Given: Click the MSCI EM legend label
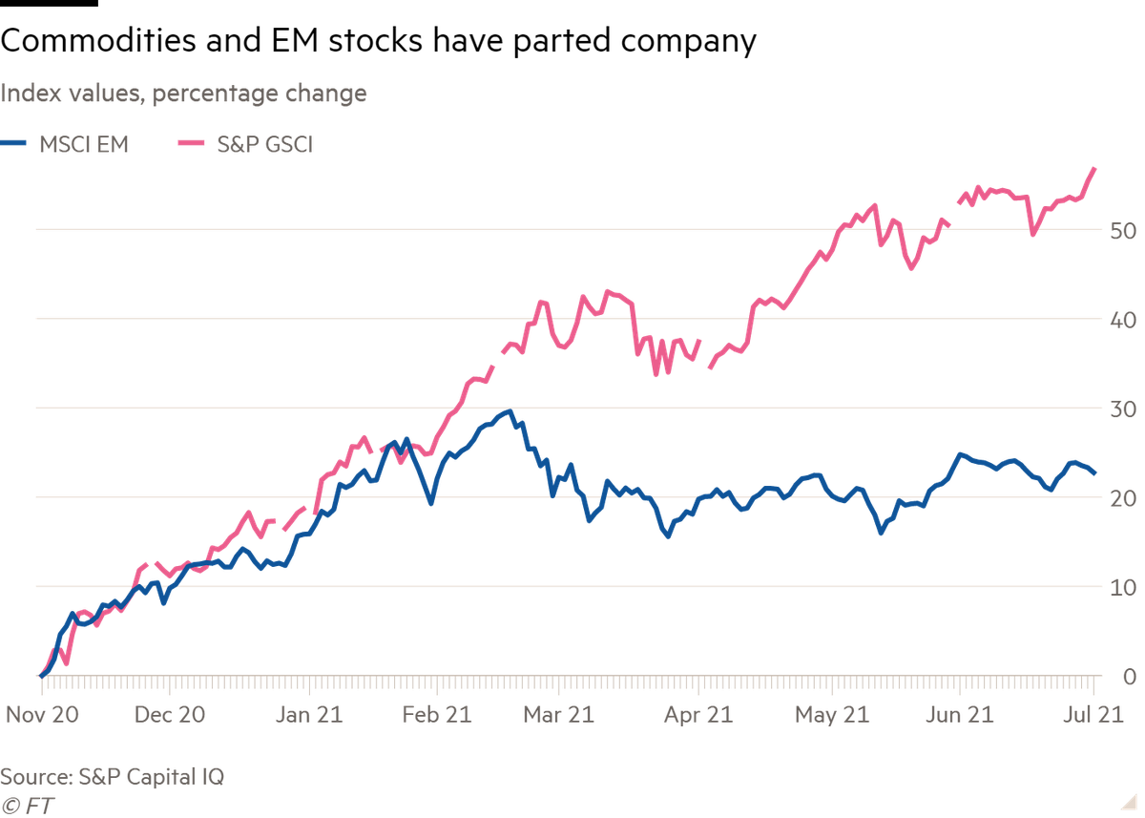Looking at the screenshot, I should [x=84, y=145].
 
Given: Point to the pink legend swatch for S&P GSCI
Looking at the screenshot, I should [x=195, y=145].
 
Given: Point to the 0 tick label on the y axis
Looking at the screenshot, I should [x=1129, y=678].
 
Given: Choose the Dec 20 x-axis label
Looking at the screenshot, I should [x=170, y=714].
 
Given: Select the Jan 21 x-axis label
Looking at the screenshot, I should [x=304, y=714].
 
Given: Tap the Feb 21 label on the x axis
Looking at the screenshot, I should [x=437, y=714].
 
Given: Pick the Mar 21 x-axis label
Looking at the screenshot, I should [x=558, y=714].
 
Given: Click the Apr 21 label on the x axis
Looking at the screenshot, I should [x=697, y=714].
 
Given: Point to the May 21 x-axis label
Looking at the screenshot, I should [x=832, y=714].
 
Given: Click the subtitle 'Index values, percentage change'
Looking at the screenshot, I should [x=184, y=94].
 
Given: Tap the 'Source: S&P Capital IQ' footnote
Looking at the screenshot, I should [x=113, y=776].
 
